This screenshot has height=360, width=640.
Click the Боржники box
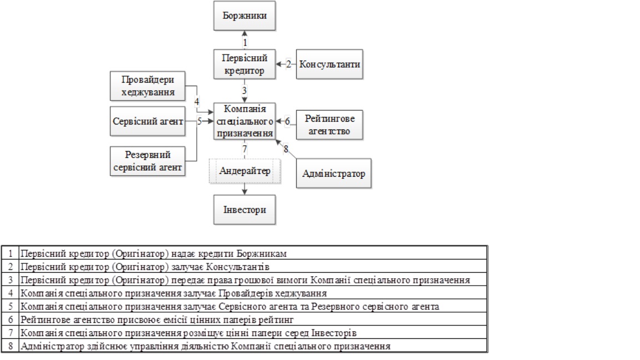tap(244, 15)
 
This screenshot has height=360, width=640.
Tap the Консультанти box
tap(330, 64)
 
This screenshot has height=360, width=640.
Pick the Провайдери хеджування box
tap(147, 86)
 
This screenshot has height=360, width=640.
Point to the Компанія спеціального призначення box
tap(244, 120)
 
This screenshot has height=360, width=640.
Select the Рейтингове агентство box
tap(330, 125)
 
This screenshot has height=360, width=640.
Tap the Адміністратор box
tap(334, 174)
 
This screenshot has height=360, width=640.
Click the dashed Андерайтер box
tap(244, 171)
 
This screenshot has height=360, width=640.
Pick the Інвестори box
tap(244, 210)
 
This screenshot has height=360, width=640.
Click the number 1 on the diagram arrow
tap(244, 42)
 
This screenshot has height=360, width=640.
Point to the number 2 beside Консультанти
tap(288, 64)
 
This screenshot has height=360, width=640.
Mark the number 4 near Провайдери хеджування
tap(197, 101)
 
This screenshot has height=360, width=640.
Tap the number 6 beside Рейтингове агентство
tap(287, 121)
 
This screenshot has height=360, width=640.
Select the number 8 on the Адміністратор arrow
tap(286, 148)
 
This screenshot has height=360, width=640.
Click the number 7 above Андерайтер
tap(244, 148)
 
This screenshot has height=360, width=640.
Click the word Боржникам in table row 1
tap(271, 253)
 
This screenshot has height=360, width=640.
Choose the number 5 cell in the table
tap(11, 306)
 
